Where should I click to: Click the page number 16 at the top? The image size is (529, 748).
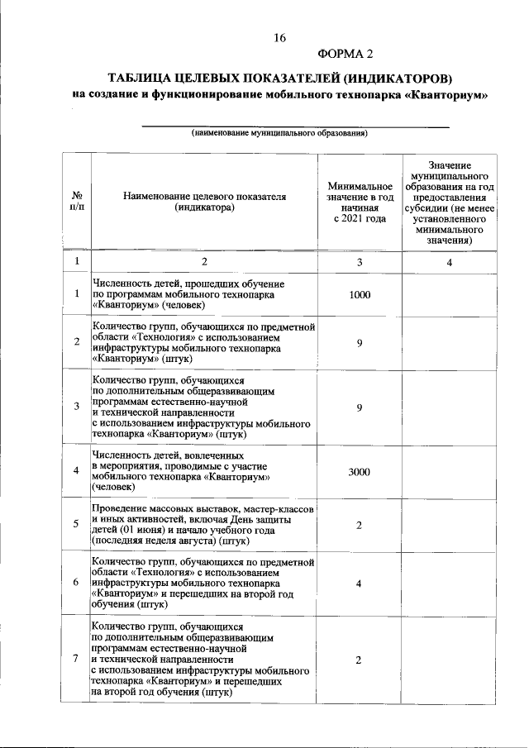click(279, 38)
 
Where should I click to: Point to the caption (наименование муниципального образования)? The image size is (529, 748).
click(279, 133)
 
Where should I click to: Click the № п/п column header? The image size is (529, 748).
click(77, 202)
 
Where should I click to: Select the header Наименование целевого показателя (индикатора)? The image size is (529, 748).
click(204, 202)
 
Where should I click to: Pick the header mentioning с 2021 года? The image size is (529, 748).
click(360, 219)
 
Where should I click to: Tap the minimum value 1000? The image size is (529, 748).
click(360, 294)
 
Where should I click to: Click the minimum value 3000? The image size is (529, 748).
click(360, 471)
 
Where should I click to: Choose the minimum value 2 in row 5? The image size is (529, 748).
click(360, 525)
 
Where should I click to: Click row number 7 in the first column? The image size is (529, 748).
click(76, 659)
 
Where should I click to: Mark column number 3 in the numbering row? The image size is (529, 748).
click(360, 262)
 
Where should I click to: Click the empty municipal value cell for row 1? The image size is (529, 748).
click(450, 294)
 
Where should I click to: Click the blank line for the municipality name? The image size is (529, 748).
click(296, 125)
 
